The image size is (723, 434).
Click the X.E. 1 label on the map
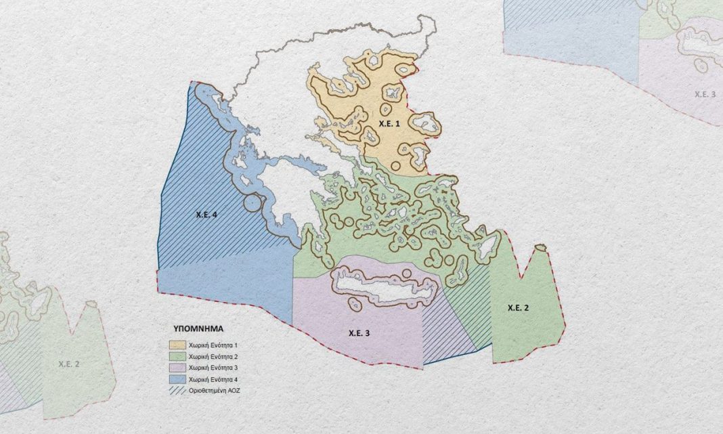pyautogui.click(x=389, y=124)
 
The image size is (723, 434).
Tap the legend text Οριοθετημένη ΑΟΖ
pyautogui.click(x=215, y=391)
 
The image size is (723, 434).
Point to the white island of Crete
pyautogui.click(x=379, y=290)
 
